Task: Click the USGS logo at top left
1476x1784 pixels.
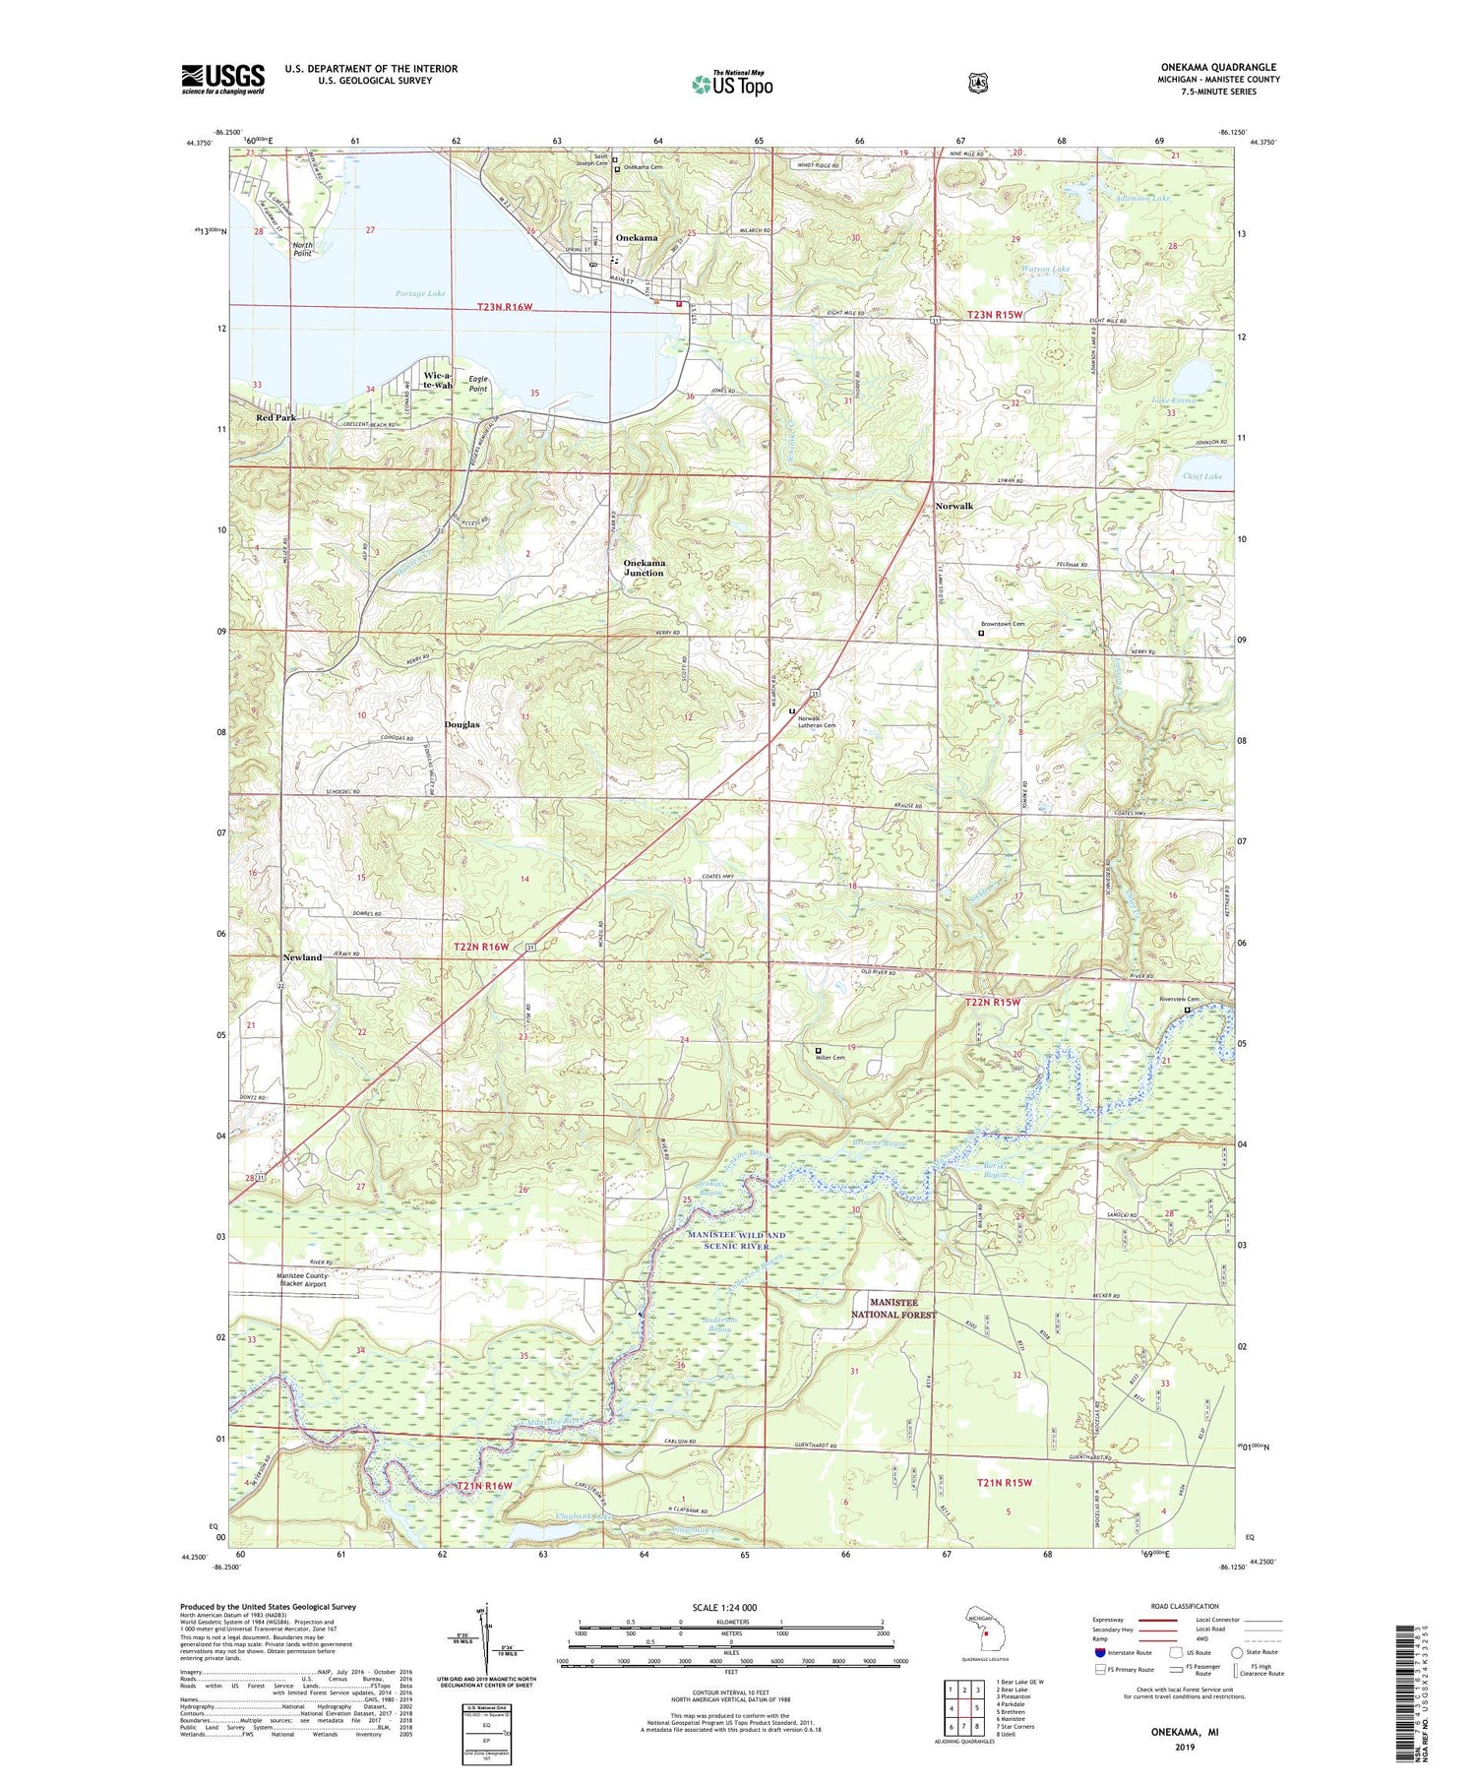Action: pyautogui.click(x=222, y=79)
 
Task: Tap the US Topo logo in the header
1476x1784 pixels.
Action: pyautogui.click(x=732, y=84)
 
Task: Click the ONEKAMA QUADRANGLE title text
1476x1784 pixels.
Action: pyautogui.click(x=1218, y=68)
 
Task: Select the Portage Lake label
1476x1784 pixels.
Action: pyautogui.click(x=420, y=293)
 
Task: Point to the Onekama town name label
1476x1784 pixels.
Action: pyautogui.click(x=637, y=238)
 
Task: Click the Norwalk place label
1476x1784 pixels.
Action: pyautogui.click(x=953, y=506)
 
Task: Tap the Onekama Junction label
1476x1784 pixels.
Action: pyautogui.click(x=644, y=568)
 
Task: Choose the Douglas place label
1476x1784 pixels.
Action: pyautogui.click(x=461, y=724)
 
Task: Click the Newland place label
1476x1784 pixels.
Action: pyautogui.click(x=302, y=957)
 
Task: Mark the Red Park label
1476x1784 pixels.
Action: pyautogui.click(x=277, y=417)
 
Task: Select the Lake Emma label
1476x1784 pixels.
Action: pyautogui.click(x=1174, y=400)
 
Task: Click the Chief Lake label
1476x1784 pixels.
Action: pyautogui.click(x=1201, y=476)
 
